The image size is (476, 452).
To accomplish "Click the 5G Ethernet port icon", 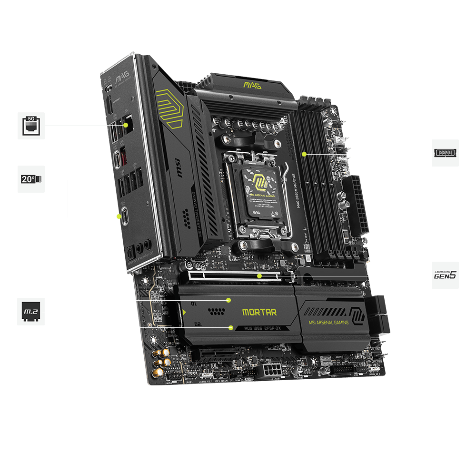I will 31,126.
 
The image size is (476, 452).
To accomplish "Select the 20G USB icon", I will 31,179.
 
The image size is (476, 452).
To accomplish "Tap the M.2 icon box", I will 31,312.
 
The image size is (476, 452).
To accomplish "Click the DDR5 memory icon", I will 445,153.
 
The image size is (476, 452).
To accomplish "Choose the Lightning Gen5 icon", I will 445,275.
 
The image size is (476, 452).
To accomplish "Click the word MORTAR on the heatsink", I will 259,313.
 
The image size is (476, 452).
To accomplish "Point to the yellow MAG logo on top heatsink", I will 252,85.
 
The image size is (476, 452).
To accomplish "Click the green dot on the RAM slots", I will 304,154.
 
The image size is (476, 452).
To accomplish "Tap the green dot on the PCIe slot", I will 259,275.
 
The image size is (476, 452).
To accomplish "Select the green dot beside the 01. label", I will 228,300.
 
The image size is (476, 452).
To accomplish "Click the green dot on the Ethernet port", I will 126,125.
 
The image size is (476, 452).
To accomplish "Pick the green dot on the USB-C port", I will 119,217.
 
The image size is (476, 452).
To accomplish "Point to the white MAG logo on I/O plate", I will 110,76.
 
